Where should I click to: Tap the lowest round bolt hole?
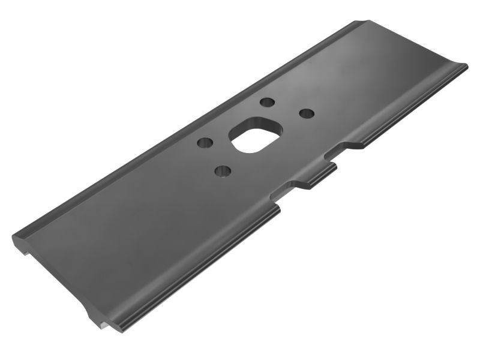pyautogui.click(x=223, y=172)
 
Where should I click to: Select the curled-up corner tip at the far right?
pyautogui.click(x=463, y=67)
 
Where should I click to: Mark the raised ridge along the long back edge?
pyautogui.click(x=180, y=129)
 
